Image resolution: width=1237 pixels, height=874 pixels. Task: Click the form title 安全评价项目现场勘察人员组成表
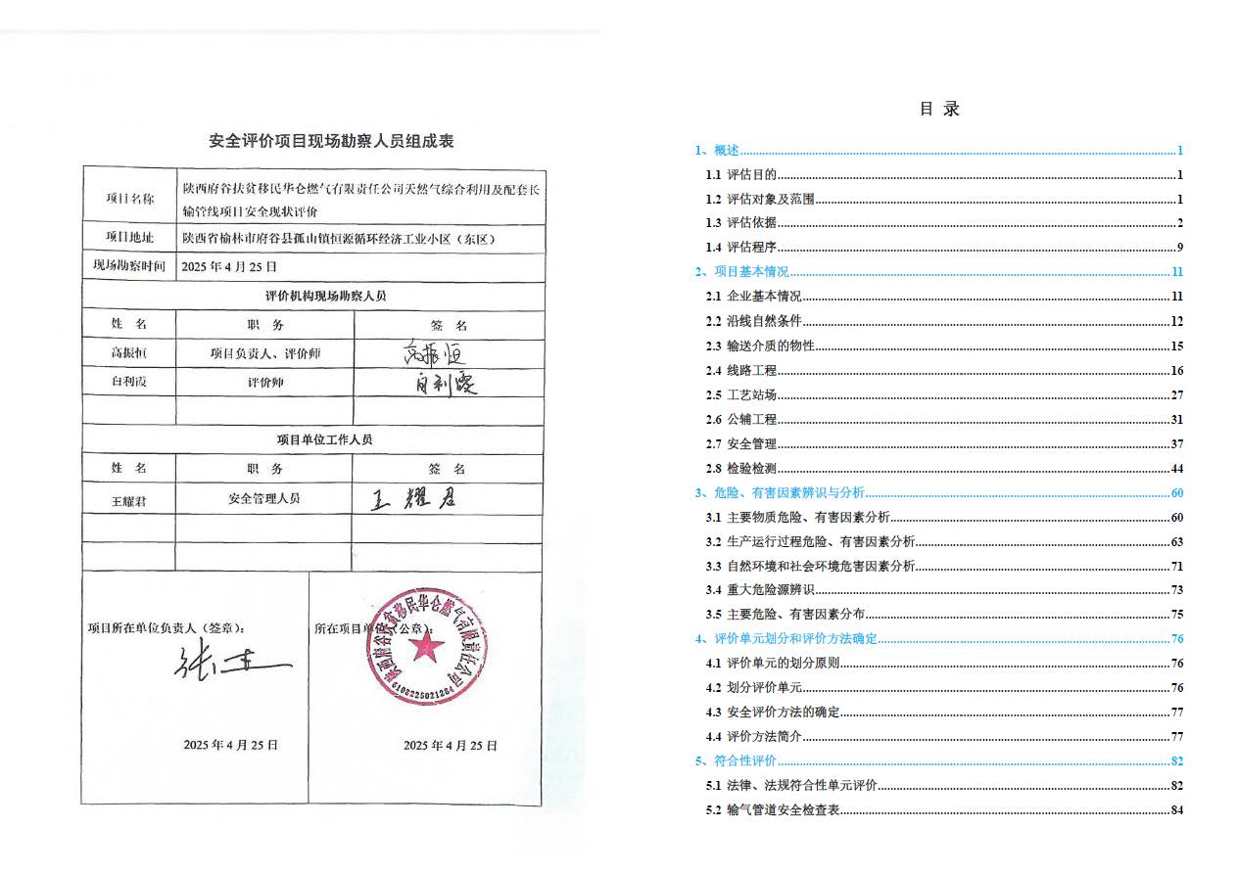(331, 141)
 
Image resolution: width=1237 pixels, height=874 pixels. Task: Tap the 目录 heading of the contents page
(939, 109)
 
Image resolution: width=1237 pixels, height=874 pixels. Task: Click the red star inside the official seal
(425, 646)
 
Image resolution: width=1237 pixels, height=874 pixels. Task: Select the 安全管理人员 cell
(264, 498)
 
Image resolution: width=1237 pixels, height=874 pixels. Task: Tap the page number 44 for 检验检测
(1176, 469)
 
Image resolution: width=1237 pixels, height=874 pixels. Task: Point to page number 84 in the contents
(1176, 810)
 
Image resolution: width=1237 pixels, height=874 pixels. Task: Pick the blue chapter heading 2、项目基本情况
(741, 272)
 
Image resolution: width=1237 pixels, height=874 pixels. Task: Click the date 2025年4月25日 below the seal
(451, 746)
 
